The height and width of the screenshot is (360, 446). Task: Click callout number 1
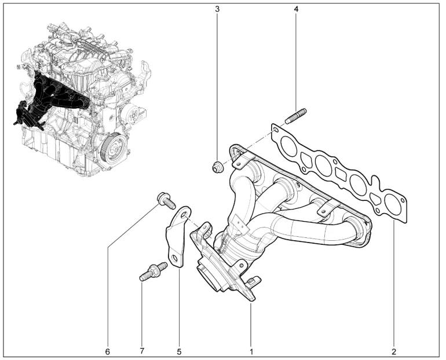tap(251, 352)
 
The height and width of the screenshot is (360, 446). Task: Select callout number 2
tap(394, 352)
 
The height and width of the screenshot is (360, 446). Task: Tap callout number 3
tap(217, 9)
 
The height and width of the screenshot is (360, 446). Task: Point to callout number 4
tap(296, 9)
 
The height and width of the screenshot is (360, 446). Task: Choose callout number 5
tap(179, 352)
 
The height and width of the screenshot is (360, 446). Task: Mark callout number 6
tap(107, 352)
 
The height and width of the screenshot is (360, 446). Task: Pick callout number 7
tap(142, 351)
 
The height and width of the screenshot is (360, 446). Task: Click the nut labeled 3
tap(218, 166)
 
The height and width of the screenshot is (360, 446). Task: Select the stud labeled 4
tap(295, 116)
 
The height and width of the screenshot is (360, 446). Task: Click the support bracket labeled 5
tap(178, 237)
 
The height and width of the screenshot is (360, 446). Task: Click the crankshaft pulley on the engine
tap(114, 147)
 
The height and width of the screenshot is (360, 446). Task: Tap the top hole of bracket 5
tap(184, 214)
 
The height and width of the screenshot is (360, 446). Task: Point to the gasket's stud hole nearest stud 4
tap(276, 130)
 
